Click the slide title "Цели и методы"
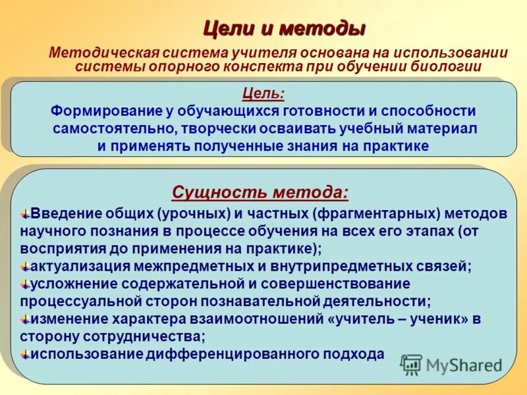click(x=283, y=29)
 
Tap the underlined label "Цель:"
click(x=263, y=95)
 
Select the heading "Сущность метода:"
click(x=260, y=192)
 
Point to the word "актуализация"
click(x=76, y=267)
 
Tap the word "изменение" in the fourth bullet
click(x=66, y=319)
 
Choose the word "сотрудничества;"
click(x=152, y=336)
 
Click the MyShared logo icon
click(x=412, y=364)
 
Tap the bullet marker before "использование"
click(x=25, y=354)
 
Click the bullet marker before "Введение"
click(x=25, y=215)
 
